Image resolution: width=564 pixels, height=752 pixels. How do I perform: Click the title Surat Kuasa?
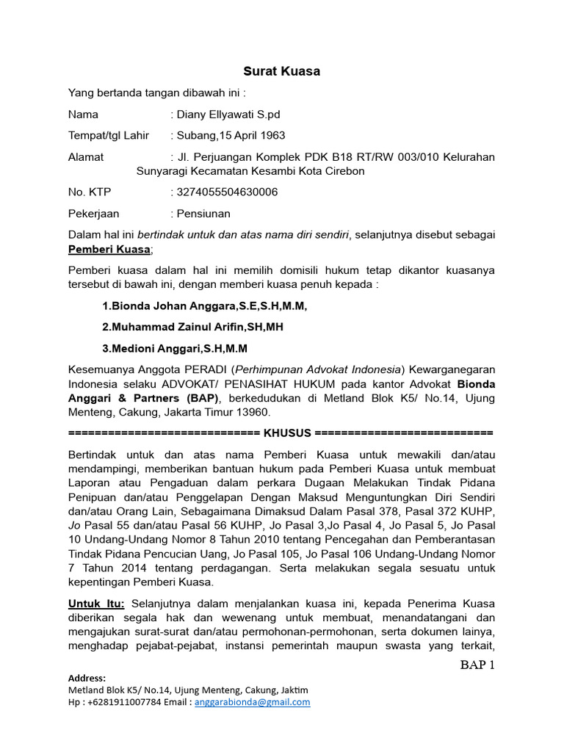[x=282, y=71]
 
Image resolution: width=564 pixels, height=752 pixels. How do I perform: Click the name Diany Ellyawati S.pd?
[x=228, y=115]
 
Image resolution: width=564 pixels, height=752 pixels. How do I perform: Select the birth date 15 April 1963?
[x=250, y=136]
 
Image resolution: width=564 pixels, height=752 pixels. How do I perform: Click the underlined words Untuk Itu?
[x=96, y=604]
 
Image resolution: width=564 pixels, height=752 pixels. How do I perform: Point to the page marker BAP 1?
[x=478, y=666]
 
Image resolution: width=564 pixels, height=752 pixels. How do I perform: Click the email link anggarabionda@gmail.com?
[x=253, y=702]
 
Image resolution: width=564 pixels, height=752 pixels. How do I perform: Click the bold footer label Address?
[x=87, y=678]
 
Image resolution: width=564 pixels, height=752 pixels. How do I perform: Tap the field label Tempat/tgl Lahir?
[x=109, y=136]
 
